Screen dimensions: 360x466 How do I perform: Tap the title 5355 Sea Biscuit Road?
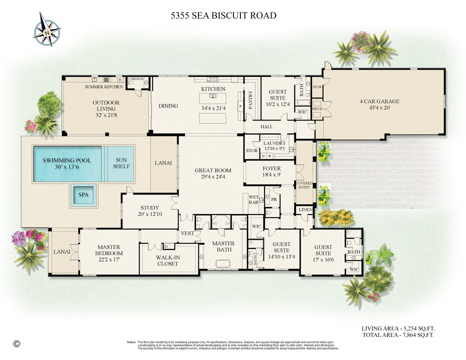[x=223, y=15]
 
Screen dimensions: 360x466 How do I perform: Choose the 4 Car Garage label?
[x=379, y=101]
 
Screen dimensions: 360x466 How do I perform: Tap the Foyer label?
[x=271, y=168]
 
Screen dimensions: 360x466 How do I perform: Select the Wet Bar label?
[x=253, y=199]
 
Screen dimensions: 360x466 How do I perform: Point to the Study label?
[x=149, y=208]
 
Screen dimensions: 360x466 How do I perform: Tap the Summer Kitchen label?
[x=103, y=87]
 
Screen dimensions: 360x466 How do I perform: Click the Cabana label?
[x=136, y=79]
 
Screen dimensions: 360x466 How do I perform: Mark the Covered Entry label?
[x=304, y=185]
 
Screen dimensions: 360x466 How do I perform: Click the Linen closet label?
[x=304, y=210]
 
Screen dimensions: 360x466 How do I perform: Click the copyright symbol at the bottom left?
[x=17, y=343]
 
